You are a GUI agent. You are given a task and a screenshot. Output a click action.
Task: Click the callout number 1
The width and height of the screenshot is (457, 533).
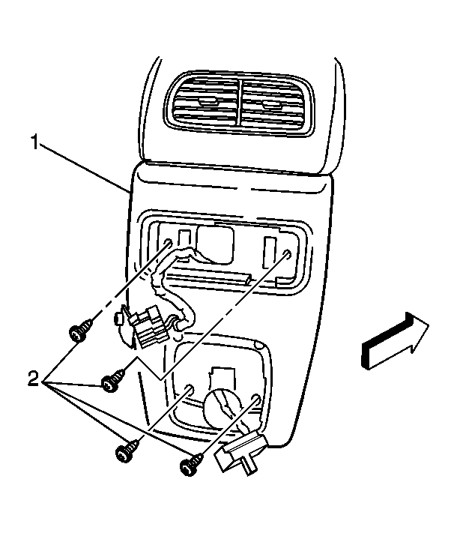coord(34,142)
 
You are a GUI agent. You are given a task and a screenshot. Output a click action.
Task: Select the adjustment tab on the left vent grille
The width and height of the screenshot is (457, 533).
coord(207,100)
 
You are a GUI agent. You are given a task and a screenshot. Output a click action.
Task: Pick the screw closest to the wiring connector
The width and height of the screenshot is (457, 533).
coord(80,330)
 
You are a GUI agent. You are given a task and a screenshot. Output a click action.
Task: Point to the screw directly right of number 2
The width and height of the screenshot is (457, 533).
coord(113,381)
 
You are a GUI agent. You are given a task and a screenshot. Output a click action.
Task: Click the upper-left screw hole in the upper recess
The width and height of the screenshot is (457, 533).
coord(168,244)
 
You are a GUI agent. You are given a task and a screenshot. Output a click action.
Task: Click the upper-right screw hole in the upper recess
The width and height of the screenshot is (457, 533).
coord(288,254)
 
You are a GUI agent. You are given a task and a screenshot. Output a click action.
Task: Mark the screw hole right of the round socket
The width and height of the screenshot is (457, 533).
coord(256,399)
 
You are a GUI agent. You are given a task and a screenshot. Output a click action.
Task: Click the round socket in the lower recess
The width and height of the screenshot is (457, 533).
coord(223,406)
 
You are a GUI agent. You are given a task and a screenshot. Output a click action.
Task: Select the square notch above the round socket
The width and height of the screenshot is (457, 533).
coord(223,376)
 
